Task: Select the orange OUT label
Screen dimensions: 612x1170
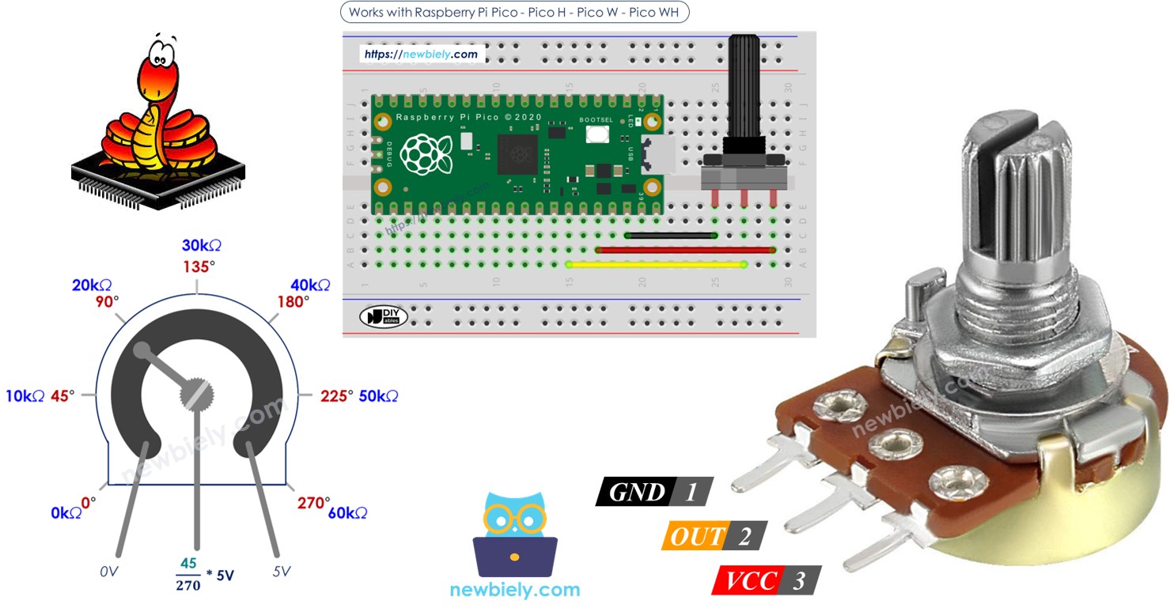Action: pos(695,536)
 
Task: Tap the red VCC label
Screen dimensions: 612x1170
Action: pos(747,581)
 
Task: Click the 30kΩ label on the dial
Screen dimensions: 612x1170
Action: pos(202,245)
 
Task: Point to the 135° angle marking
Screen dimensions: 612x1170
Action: pos(197,266)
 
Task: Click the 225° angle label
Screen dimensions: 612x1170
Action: pos(336,395)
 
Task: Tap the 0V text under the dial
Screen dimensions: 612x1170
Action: pos(109,571)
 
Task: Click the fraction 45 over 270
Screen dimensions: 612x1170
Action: pos(188,575)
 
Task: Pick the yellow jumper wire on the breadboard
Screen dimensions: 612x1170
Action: pos(657,264)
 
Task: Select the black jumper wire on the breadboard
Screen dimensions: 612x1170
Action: pos(671,235)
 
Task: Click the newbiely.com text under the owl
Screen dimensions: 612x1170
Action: pos(515,589)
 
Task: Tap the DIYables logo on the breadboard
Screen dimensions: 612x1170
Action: pos(384,316)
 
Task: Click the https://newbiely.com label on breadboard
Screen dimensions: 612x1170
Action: pos(422,55)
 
